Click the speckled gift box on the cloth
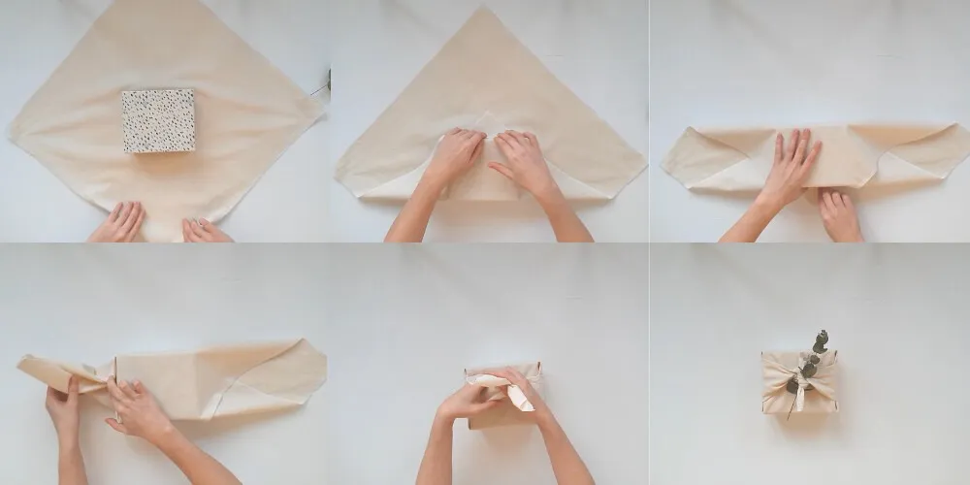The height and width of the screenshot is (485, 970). click(x=158, y=120)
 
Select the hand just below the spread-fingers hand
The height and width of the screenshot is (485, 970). click(x=839, y=216)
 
